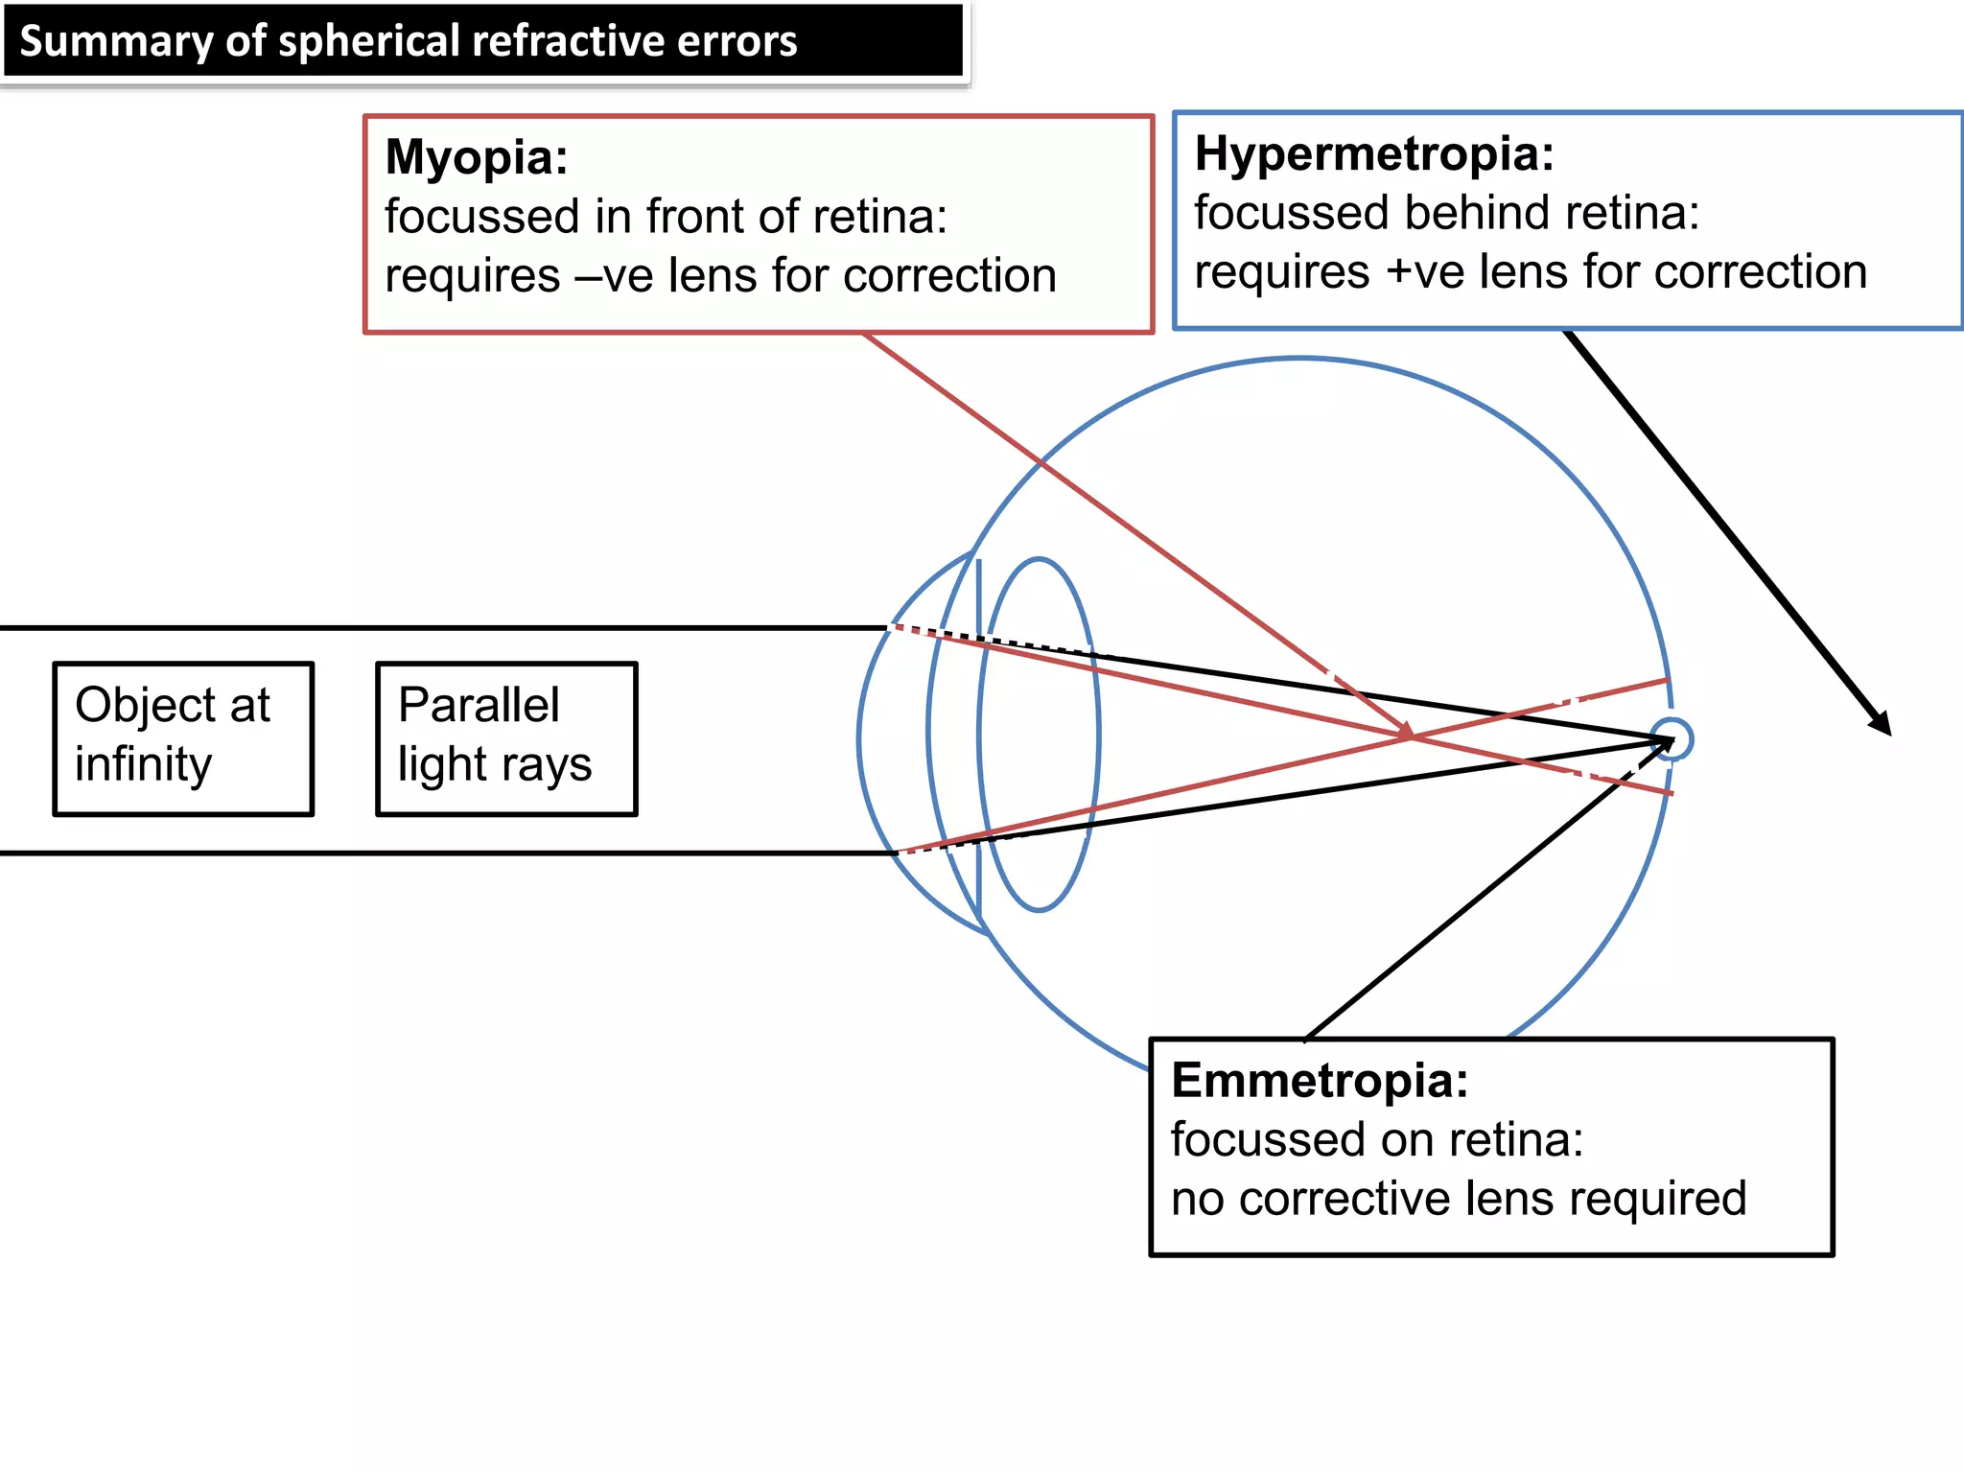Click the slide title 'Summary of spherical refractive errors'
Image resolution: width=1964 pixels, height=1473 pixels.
click(x=409, y=42)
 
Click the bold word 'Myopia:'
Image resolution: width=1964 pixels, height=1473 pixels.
click(x=477, y=157)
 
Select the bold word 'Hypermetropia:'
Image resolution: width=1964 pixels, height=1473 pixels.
click(x=1373, y=153)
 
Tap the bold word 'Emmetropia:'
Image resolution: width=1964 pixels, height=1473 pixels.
click(x=1320, y=1081)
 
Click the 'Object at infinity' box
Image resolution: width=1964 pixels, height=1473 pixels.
click(x=183, y=738)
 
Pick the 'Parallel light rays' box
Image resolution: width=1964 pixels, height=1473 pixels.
click(x=506, y=738)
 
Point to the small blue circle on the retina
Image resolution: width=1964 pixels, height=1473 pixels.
click(x=1673, y=739)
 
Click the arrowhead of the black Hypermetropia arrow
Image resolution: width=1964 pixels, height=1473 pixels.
click(x=1882, y=725)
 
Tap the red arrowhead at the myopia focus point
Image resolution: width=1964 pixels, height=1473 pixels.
click(x=1406, y=732)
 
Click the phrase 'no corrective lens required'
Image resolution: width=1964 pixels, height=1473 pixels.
click(x=1458, y=1199)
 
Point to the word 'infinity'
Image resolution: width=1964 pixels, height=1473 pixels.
click(x=143, y=765)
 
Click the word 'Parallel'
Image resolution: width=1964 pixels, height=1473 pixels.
click(x=479, y=706)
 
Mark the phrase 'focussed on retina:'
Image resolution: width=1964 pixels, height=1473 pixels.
click(x=1376, y=1140)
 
